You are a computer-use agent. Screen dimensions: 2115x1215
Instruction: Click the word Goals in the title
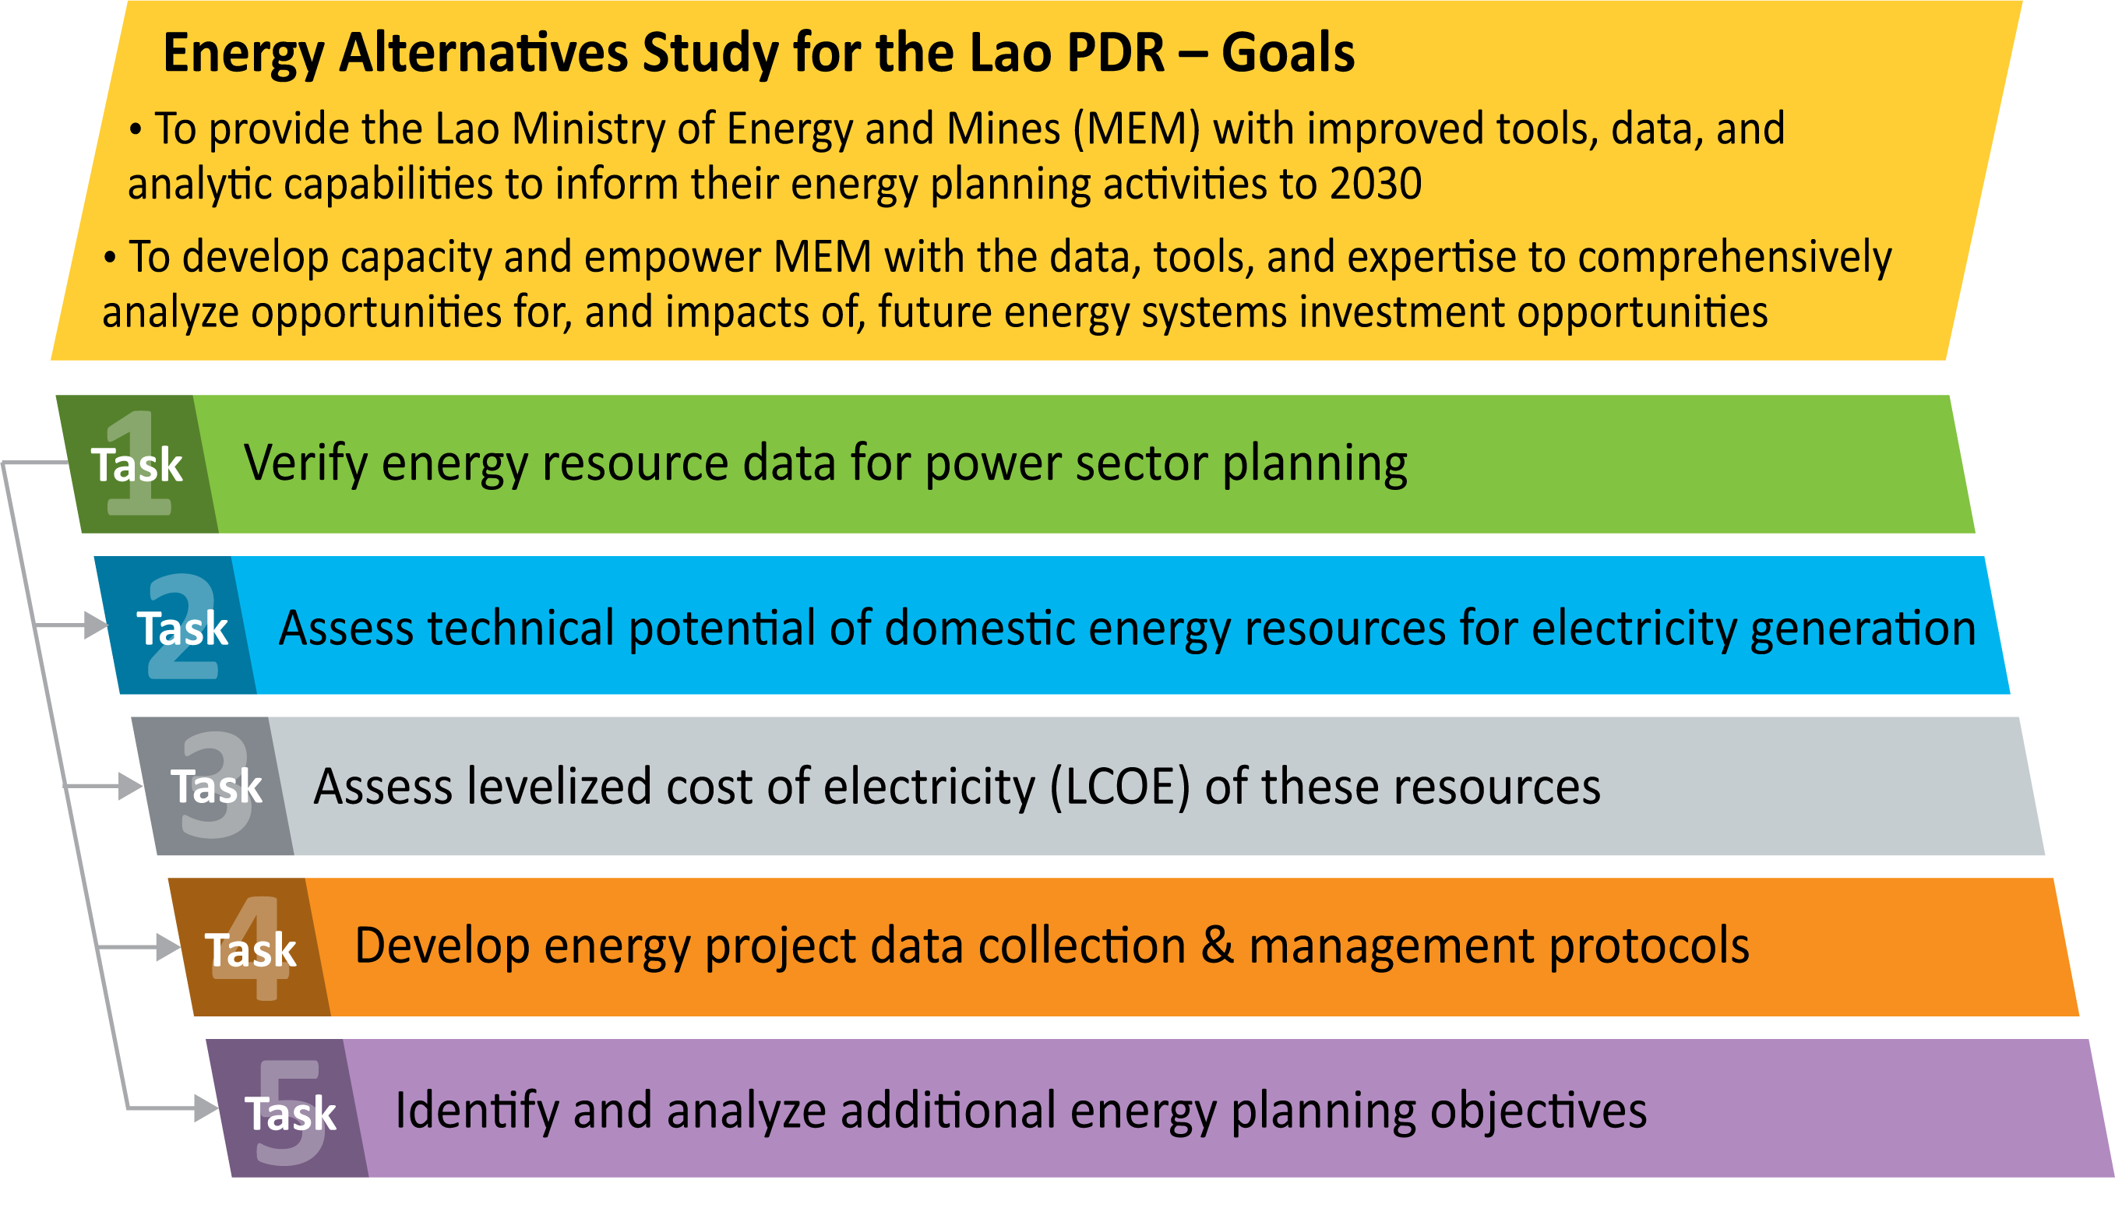click(x=1288, y=53)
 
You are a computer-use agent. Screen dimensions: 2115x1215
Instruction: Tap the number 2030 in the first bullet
click(x=1376, y=183)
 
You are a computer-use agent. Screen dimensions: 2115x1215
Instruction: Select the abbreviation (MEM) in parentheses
click(x=1137, y=129)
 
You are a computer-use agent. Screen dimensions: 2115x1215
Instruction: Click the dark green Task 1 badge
click(x=137, y=464)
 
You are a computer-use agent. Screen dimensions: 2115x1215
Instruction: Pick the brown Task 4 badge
click(x=250, y=947)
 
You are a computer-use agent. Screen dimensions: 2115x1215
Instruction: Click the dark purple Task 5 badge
click(x=289, y=1108)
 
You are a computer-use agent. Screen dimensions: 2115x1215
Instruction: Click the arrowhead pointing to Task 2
click(x=96, y=625)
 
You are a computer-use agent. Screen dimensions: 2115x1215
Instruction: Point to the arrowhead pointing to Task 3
click(x=130, y=786)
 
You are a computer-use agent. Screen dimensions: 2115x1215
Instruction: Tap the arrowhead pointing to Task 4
click(x=167, y=947)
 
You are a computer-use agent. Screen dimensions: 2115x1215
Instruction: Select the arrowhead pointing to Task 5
click(x=206, y=1108)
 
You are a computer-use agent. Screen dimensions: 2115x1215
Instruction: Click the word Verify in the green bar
click(x=305, y=463)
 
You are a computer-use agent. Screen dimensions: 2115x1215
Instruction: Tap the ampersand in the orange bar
click(x=1218, y=946)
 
